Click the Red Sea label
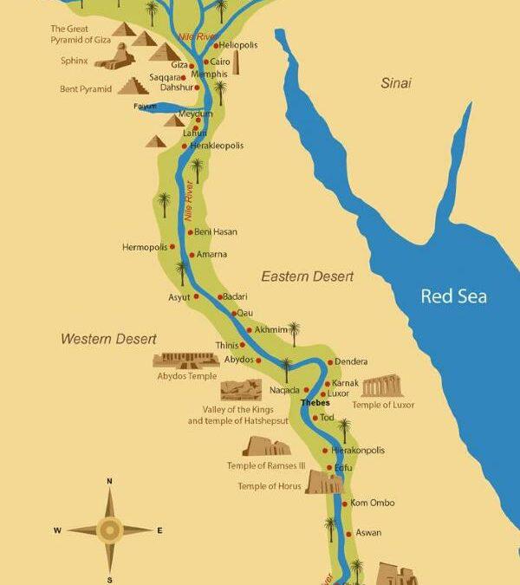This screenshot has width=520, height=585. click(453, 296)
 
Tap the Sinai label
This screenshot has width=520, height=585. click(395, 83)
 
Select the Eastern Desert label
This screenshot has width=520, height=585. click(308, 276)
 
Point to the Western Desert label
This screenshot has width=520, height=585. click(108, 338)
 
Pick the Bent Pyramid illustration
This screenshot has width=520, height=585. click(133, 86)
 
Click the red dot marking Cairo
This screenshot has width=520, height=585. click(205, 62)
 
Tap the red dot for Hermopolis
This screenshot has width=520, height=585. click(172, 247)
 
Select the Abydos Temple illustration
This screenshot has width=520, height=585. click(185, 360)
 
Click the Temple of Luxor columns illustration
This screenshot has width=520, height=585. click(382, 387)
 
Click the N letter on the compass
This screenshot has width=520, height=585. click(109, 481)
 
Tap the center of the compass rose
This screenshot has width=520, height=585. click(109, 530)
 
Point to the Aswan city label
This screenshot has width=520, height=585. click(368, 533)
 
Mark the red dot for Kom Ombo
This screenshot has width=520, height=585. click(344, 504)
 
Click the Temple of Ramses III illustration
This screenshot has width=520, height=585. click(266, 446)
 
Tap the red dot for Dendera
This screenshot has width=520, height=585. click(330, 362)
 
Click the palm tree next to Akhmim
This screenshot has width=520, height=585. click(294, 332)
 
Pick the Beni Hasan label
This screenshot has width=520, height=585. click(216, 232)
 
